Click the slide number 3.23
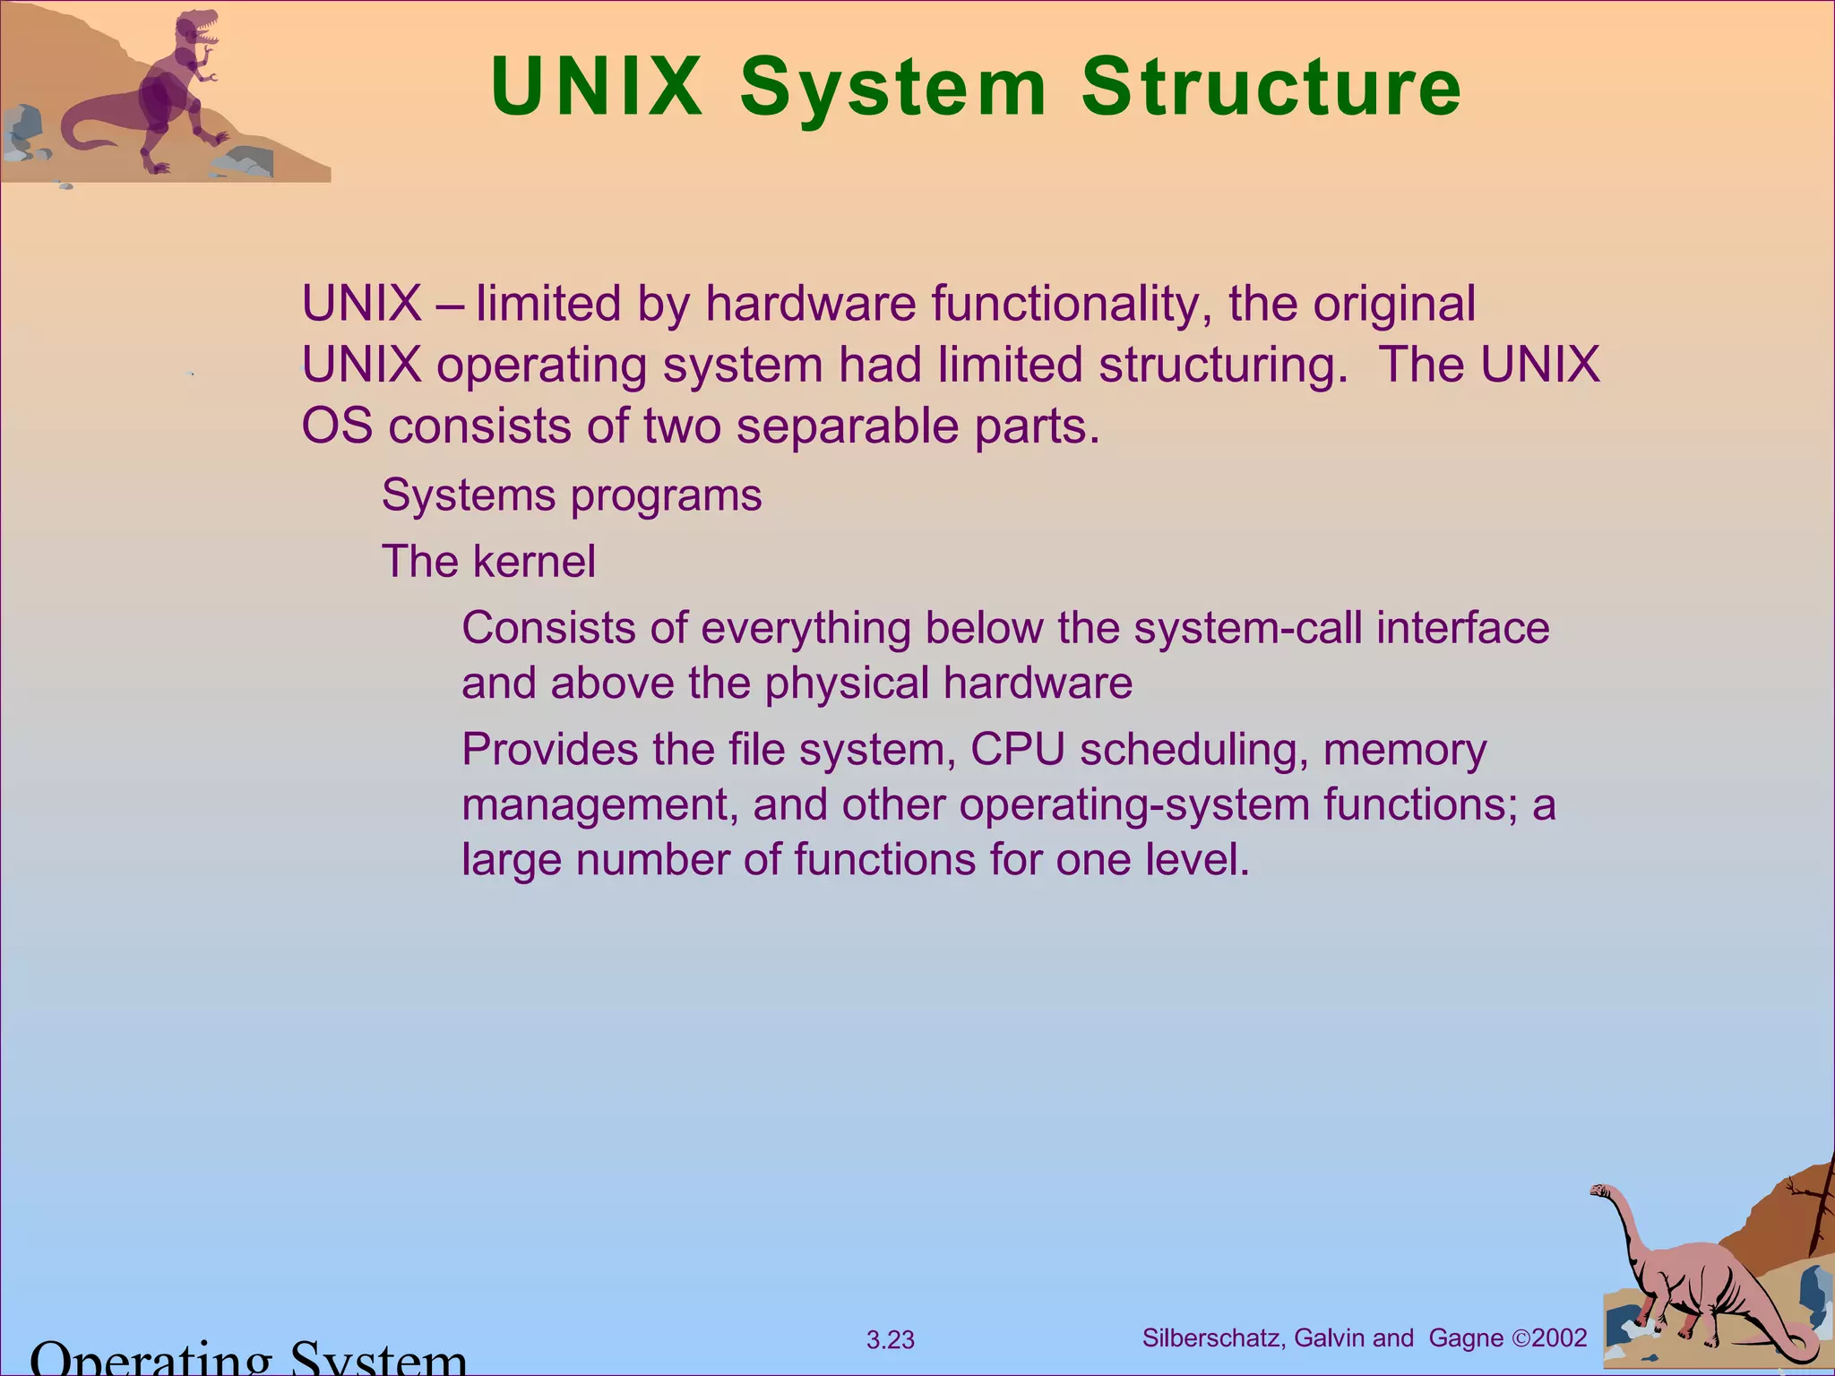891,1340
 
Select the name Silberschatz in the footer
1212,1338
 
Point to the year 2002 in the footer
1559,1338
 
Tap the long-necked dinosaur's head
1599,1191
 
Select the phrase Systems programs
572,495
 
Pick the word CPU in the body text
1018,749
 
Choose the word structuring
1222,365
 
